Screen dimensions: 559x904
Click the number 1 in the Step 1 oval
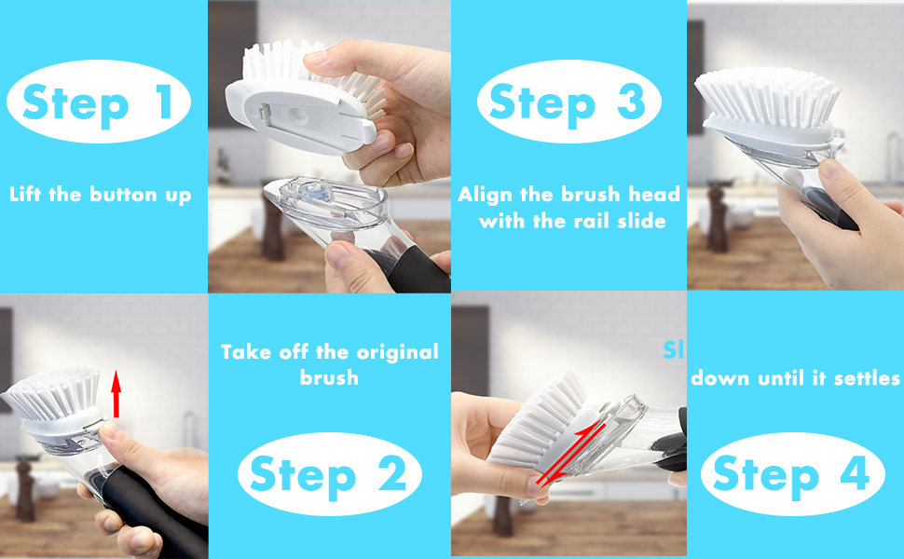tap(164, 102)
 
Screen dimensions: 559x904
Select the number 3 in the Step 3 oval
tap(630, 102)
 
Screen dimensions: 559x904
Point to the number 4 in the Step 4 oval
tap(854, 475)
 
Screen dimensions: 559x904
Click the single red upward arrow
tap(116, 392)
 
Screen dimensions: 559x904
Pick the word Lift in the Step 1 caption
tap(28, 195)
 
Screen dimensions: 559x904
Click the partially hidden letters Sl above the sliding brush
tap(673, 350)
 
